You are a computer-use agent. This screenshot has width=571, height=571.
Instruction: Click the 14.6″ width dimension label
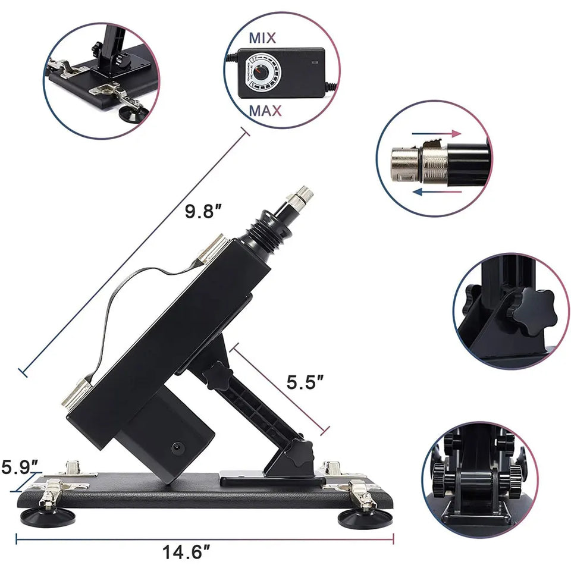[186, 552]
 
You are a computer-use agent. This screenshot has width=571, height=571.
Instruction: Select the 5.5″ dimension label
[305, 382]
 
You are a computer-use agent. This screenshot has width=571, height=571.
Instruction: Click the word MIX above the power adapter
[262, 38]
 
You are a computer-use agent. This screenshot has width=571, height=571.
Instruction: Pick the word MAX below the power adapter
[265, 111]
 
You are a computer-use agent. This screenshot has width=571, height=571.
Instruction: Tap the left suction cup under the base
[48, 516]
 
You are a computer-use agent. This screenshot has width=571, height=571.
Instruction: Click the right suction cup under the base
[365, 517]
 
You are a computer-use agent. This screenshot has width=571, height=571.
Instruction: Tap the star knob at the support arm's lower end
[301, 453]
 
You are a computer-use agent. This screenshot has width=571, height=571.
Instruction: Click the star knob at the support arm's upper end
[218, 375]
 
